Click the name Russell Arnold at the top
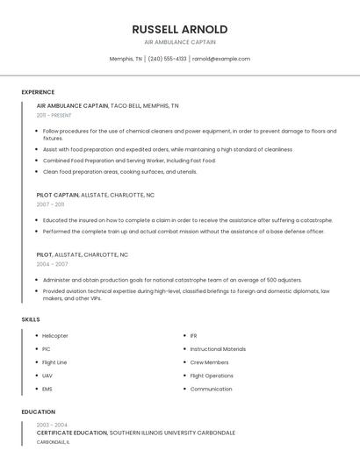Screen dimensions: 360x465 179,29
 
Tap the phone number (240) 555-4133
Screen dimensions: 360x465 167,59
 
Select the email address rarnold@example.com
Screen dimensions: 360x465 221,59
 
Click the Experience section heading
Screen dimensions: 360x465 38,92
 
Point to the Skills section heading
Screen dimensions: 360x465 31,319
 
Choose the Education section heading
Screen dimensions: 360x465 38,411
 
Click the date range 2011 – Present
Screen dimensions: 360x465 54,115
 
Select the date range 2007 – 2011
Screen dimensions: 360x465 50,204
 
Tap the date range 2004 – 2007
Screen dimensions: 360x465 52,263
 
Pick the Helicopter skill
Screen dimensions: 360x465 55,336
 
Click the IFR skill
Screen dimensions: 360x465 194,336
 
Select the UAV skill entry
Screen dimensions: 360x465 47,376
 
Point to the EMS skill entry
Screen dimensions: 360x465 47,389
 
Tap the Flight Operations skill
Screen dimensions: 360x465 212,376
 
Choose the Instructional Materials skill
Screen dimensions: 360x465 218,349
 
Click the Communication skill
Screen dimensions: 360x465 211,389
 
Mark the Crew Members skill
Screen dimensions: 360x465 209,362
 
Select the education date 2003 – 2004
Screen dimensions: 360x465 52,425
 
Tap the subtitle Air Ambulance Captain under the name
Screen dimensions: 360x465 179,42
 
